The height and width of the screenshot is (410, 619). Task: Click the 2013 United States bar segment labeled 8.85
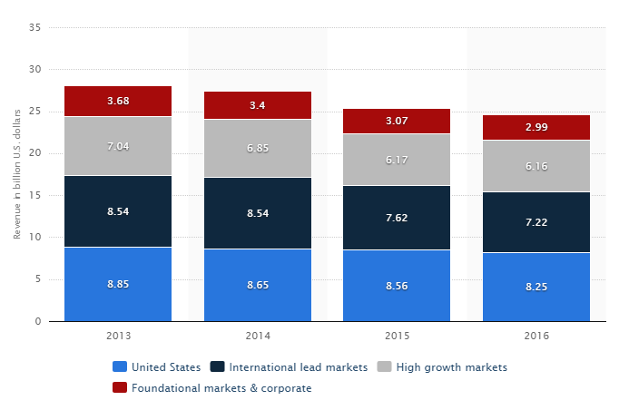point(118,284)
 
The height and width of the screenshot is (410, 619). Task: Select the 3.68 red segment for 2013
point(118,101)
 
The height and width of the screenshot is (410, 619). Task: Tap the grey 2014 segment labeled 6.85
point(258,148)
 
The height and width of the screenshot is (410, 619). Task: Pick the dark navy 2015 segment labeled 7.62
point(397,217)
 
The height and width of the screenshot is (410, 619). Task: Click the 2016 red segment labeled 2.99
point(535,127)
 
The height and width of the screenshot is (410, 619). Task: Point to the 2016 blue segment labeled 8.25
point(535,287)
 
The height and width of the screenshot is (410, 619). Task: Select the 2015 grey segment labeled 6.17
point(397,160)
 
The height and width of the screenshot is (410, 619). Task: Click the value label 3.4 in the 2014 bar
point(258,105)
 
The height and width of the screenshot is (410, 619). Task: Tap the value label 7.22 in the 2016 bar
point(535,222)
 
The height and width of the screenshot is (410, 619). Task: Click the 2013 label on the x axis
point(118,336)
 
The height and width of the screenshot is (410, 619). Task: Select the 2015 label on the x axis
point(397,336)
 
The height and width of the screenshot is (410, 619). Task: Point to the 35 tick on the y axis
point(34,27)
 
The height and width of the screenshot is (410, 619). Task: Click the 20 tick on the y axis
point(34,153)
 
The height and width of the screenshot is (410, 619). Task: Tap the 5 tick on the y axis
point(37,279)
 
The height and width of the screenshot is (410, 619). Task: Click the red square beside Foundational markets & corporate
point(119,388)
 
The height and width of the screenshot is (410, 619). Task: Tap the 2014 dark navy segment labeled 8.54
point(258,212)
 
